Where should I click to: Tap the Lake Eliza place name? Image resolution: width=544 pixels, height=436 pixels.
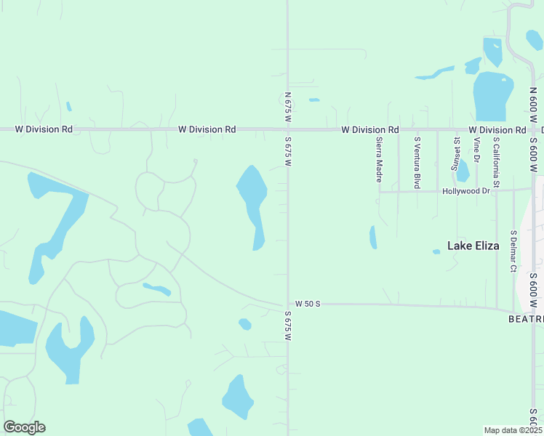tap(473, 246)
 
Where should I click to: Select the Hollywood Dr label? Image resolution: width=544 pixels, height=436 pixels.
tap(465, 191)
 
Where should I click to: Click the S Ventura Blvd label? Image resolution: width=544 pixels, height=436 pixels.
tap(417, 162)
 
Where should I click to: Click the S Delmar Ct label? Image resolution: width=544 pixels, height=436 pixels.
tap(513, 251)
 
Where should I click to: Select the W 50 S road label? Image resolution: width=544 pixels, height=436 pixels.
tap(308, 304)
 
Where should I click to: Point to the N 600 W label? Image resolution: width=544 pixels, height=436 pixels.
tap(533, 109)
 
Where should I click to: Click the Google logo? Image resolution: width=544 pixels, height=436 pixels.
tap(24, 427)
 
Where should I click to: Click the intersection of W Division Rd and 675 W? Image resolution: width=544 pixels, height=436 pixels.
tap(288, 129)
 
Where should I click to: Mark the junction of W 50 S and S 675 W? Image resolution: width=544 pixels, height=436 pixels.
tap(288, 304)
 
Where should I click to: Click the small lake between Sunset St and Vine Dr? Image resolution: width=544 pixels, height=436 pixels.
tap(463, 171)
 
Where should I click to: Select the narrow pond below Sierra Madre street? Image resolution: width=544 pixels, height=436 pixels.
tap(373, 238)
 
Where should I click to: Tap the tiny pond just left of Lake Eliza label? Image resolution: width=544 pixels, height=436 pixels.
tap(436, 252)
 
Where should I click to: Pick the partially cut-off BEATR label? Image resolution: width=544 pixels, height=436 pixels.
tap(525, 319)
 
